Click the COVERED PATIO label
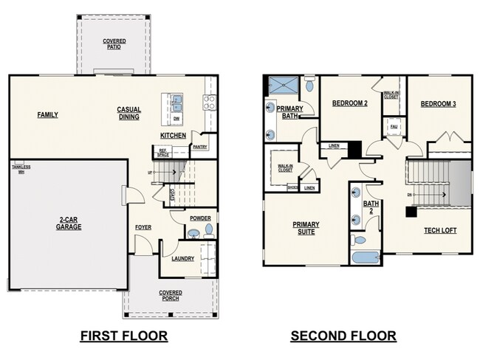click(114, 44)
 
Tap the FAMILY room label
click(48, 114)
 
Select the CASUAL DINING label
click(128, 114)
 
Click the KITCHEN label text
click(172, 136)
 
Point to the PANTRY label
click(199, 147)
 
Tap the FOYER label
click(143, 227)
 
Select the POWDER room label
click(200, 218)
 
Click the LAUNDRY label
click(182, 259)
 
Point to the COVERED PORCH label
click(171, 297)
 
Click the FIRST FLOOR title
click(123, 336)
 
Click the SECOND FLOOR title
click(343, 336)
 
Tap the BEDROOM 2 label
click(349, 104)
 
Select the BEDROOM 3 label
click(438, 104)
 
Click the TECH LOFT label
click(440, 230)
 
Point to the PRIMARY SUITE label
click(304, 228)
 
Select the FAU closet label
click(394, 126)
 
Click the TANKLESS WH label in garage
click(21, 168)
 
